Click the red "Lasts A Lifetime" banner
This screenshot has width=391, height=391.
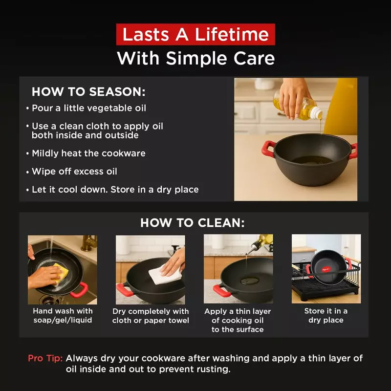point(195,35)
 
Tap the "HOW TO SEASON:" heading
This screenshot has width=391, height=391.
point(88,92)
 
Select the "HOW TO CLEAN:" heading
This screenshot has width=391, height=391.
point(193,223)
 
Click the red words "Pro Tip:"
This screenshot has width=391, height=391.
point(45,358)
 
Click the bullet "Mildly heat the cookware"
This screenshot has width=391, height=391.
point(88,153)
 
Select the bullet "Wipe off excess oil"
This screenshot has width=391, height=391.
point(74,172)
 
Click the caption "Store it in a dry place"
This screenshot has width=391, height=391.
point(326,315)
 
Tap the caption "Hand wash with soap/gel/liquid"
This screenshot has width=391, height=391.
point(63,315)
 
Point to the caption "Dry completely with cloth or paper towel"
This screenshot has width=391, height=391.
point(151,315)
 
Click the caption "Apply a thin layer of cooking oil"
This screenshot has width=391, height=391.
point(238,320)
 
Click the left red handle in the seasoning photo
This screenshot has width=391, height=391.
point(267,148)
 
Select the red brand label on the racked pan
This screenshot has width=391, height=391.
point(326,268)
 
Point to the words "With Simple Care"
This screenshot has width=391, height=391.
point(195,59)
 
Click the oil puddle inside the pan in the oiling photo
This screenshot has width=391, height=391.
point(250,281)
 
